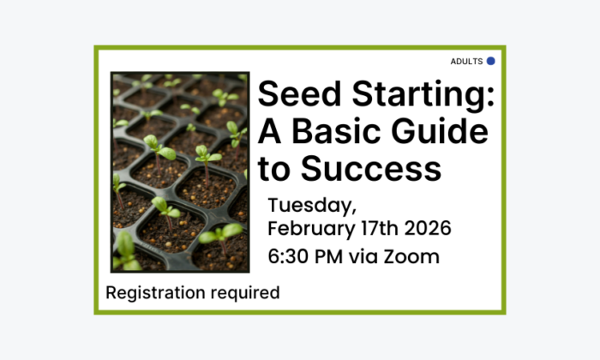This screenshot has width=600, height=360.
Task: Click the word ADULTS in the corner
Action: (x=466, y=62)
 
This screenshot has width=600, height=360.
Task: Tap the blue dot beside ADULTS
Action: (x=491, y=61)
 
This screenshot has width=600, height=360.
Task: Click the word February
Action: (x=306, y=230)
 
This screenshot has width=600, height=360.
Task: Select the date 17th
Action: (x=371, y=230)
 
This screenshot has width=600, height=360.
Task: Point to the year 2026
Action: (x=424, y=230)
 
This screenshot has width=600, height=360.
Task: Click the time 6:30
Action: (x=290, y=256)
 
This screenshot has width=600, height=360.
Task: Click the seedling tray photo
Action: (x=179, y=172)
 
